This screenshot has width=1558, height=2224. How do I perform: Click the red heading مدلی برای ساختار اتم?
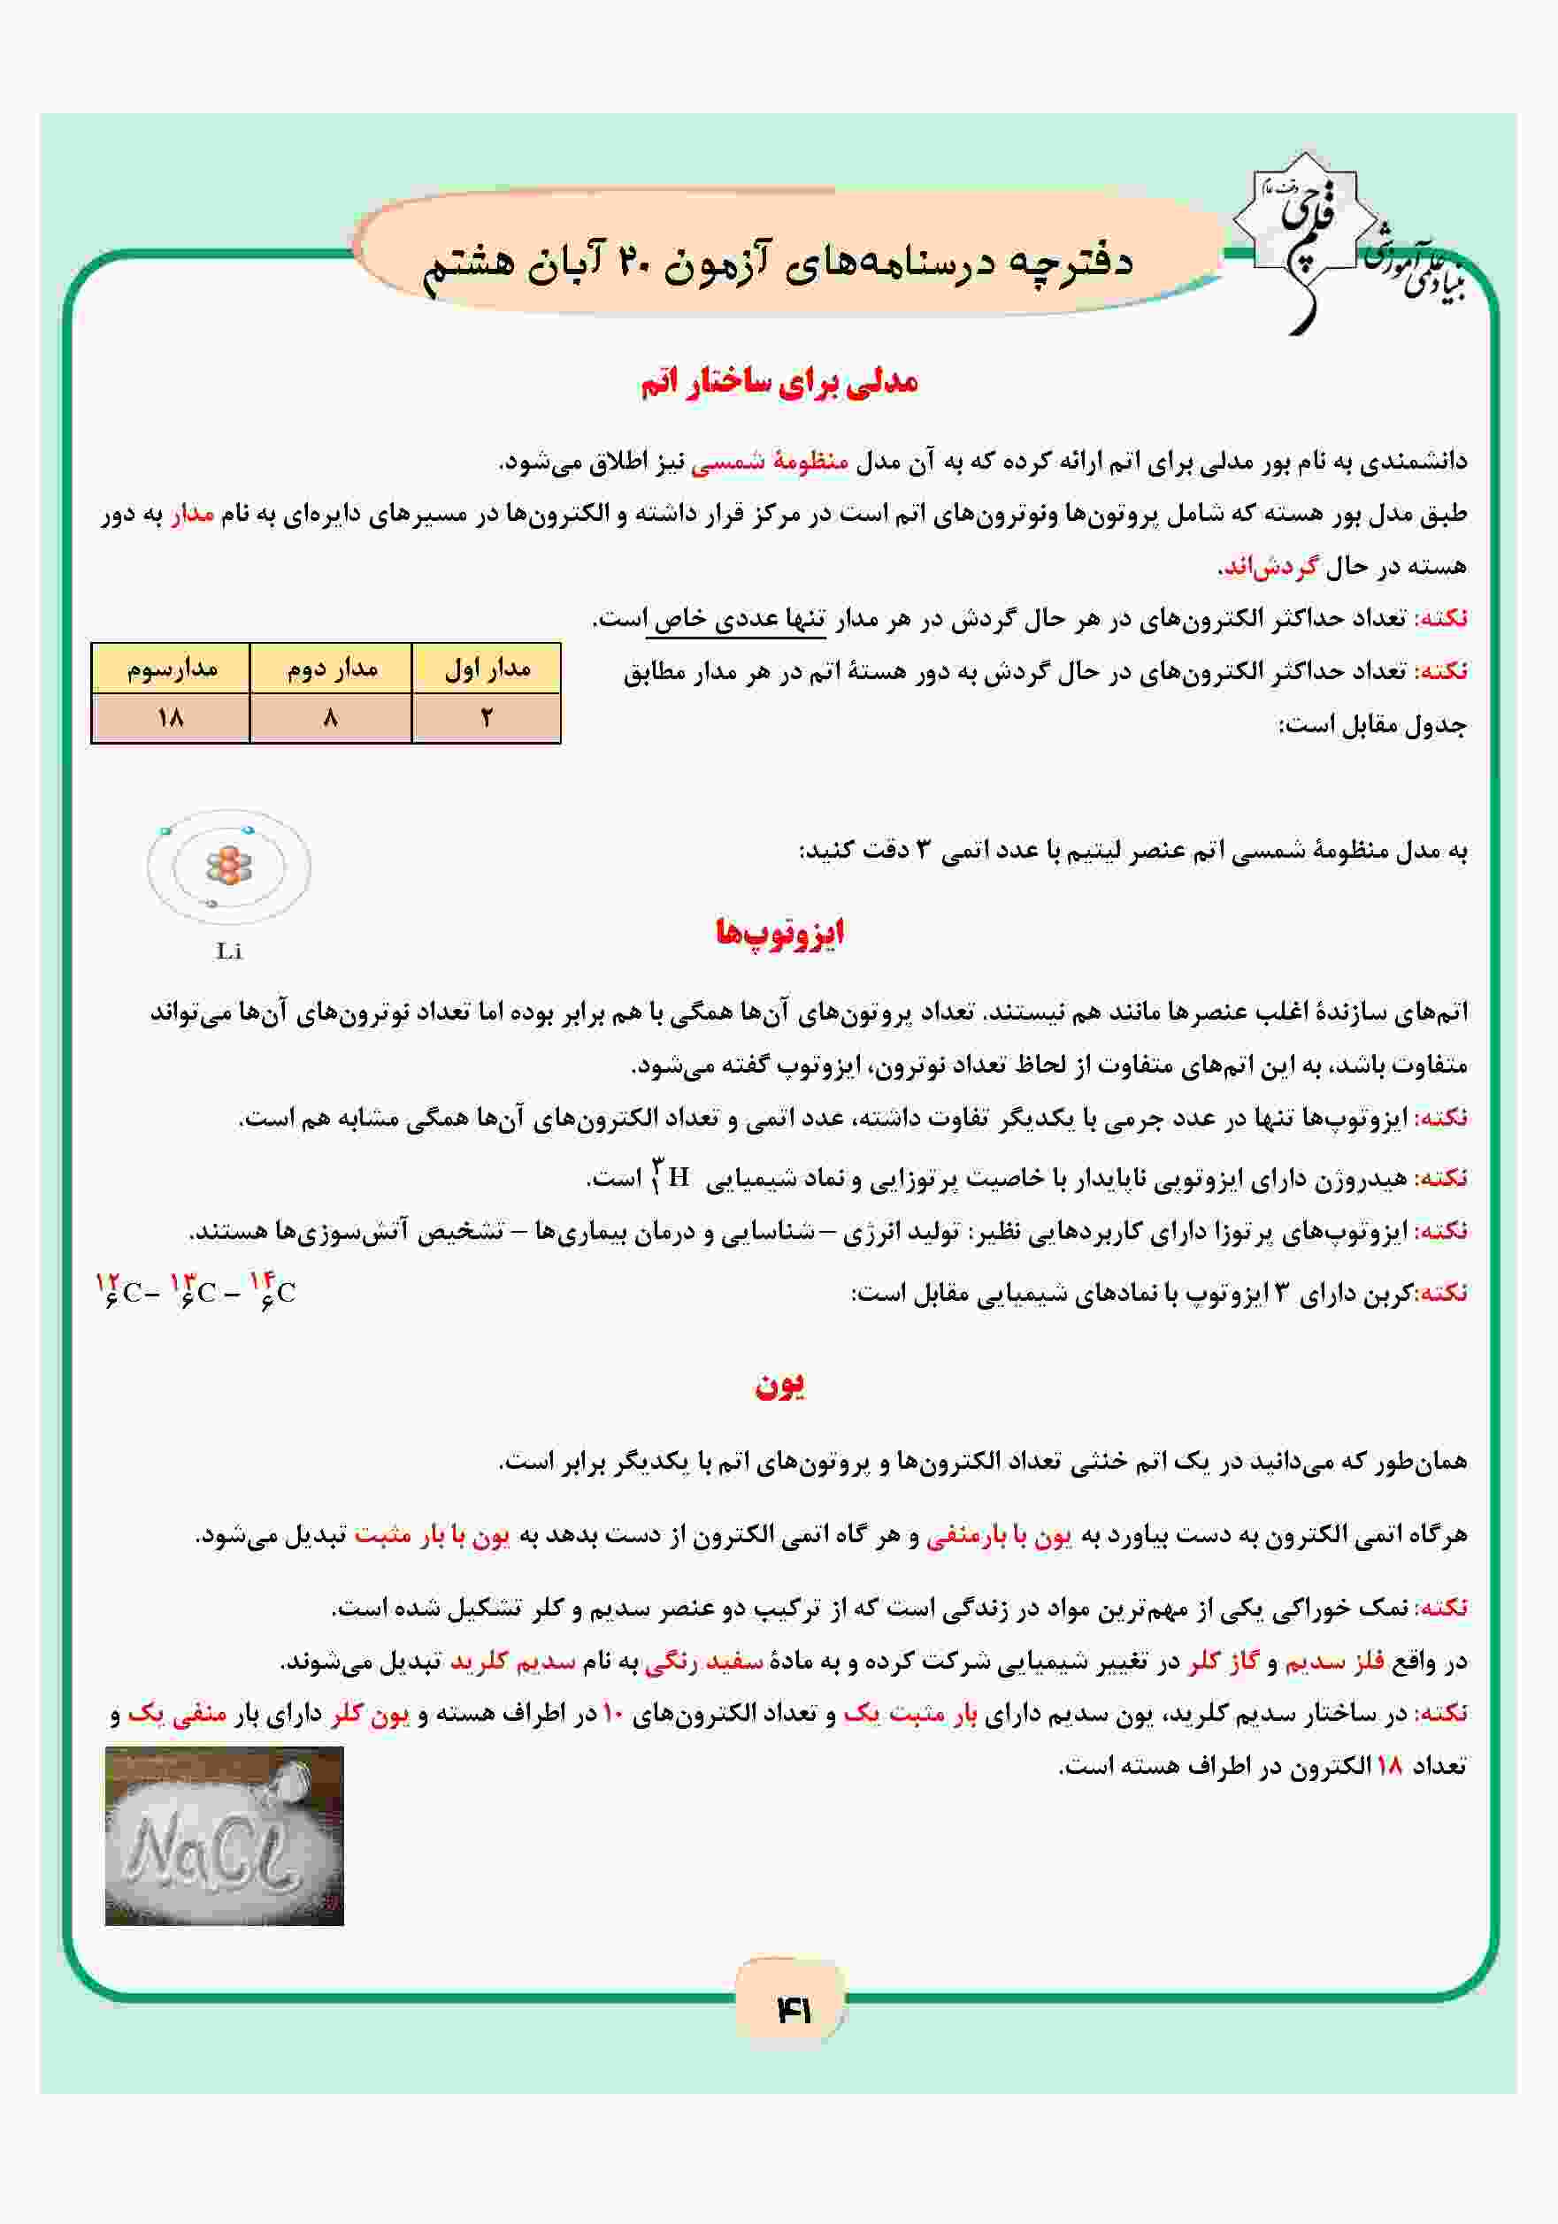pyautogui.click(x=779, y=383)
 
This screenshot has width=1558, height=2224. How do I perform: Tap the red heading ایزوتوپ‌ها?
pyautogui.click(x=780, y=933)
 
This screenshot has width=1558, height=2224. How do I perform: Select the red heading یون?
pyautogui.click(x=780, y=1385)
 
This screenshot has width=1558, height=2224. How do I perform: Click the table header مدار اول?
pyautogui.click(x=487, y=669)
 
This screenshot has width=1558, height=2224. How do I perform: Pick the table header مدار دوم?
pyautogui.click(x=332, y=669)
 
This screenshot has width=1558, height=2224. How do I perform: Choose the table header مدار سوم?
pyautogui.click(x=172, y=669)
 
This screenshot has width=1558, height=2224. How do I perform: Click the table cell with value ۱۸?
pyautogui.click(x=171, y=718)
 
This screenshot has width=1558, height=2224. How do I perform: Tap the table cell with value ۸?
pyautogui.click(x=332, y=718)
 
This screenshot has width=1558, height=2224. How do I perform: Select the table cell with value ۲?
pyautogui.click(x=487, y=718)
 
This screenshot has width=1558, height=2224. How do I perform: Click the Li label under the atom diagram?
pyautogui.click(x=228, y=952)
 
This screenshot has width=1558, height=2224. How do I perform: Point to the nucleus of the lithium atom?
pyautogui.click(x=228, y=865)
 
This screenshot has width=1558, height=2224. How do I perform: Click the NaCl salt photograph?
pyautogui.click(x=224, y=1836)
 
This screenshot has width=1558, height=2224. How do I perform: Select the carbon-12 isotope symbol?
pyautogui.click(x=120, y=1290)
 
